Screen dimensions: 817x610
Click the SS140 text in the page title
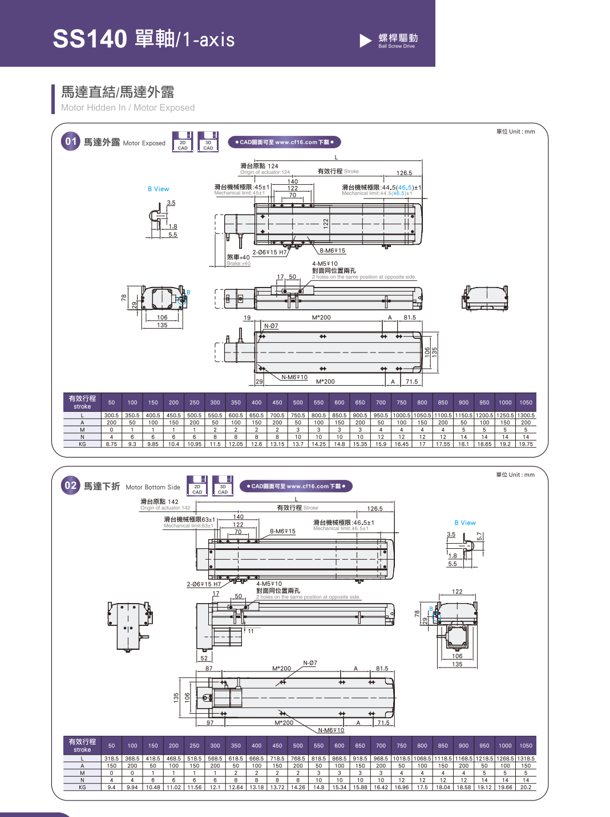[90, 39]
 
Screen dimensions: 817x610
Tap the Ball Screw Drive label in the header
[397, 46]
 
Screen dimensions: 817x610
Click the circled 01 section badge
[71, 141]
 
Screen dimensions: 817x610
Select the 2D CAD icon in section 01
[183, 143]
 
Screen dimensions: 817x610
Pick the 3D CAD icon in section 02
[223, 486]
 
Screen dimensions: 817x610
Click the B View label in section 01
[158, 189]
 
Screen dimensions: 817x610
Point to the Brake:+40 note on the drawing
[239, 264]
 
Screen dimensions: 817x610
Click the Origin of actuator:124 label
[265, 172]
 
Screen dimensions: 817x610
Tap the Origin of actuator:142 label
[165, 508]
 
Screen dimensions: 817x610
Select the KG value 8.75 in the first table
[111, 444]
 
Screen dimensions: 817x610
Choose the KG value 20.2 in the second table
[526, 787]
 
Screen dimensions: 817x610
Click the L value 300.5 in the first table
[111, 415]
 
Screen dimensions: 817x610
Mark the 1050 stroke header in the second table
[526, 746]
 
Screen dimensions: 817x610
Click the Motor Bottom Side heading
[152, 487]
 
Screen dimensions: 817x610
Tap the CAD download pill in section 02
[296, 486]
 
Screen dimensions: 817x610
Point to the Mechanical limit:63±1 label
[188, 526]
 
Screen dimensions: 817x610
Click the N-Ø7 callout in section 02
[310, 663]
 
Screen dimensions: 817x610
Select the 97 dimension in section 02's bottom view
[210, 723]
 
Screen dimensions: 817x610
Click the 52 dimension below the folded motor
[204, 658]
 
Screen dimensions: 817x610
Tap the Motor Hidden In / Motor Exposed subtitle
[128, 108]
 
